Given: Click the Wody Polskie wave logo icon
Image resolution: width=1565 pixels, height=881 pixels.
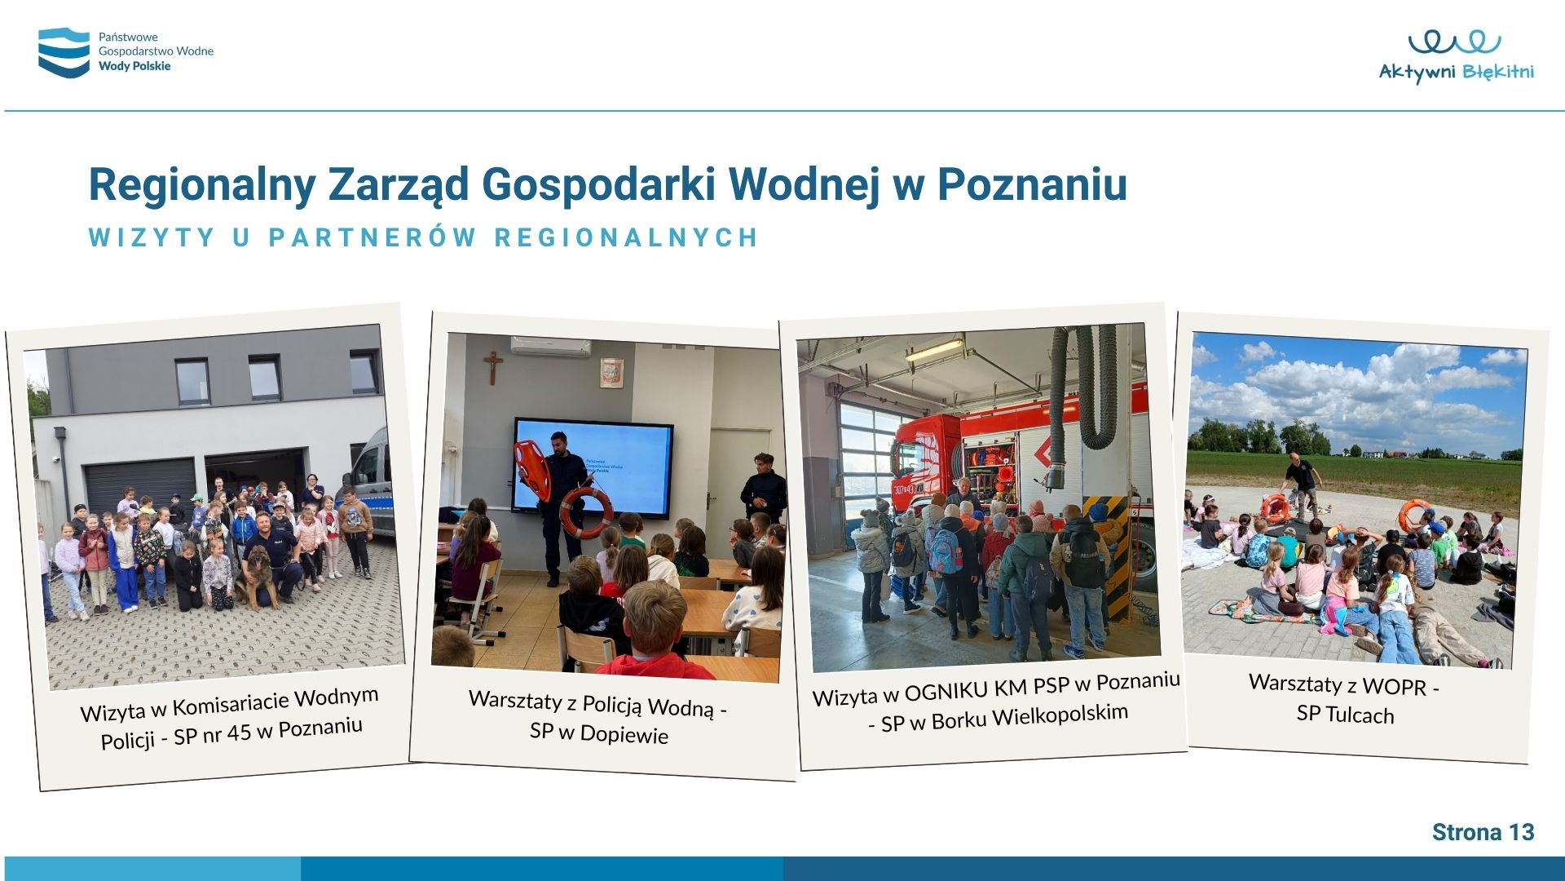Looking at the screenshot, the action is (x=64, y=52).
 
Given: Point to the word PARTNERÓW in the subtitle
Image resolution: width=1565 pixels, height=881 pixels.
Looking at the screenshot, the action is (x=373, y=237).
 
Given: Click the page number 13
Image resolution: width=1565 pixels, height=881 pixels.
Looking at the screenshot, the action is (x=1521, y=832).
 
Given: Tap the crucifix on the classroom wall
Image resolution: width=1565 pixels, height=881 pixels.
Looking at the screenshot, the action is (x=492, y=366).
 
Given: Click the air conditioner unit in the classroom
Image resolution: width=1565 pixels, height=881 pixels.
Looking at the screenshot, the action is (x=551, y=346).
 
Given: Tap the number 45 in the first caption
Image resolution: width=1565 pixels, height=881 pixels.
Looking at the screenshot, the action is (x=239, y=733).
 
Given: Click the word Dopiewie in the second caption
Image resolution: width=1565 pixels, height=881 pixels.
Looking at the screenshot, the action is (x=624, y=734).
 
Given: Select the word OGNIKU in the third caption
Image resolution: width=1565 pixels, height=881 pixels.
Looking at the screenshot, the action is (x=946, y=692).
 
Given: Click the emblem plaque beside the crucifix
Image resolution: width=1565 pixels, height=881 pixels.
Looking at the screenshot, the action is (x=612, y=373).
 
